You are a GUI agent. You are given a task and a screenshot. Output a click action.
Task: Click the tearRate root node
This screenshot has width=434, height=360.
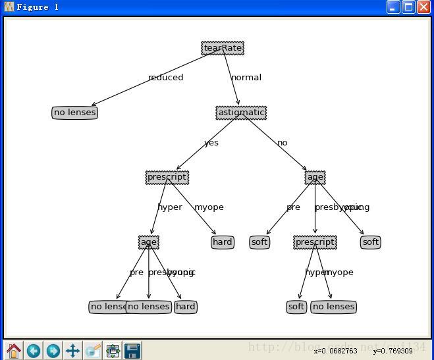[x=223, y=48]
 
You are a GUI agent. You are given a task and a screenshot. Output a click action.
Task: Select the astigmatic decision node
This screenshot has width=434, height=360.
[x=241, y=113]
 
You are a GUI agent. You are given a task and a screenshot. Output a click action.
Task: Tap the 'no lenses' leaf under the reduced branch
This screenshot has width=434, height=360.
[x=74, y=113]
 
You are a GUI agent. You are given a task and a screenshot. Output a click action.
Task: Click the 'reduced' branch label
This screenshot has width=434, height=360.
[x=165, y=78]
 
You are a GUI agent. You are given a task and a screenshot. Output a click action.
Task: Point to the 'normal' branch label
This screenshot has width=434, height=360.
[x=246, y=78]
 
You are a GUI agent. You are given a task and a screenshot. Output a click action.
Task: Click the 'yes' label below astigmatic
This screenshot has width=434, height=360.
[x=211, y=143]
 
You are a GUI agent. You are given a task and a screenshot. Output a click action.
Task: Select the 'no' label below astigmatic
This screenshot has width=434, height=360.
[x=283, y=143]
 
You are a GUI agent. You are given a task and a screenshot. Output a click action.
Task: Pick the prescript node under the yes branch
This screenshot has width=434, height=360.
[x=167, y=177]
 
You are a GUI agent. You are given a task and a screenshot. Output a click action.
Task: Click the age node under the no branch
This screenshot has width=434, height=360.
[x=315, y=177]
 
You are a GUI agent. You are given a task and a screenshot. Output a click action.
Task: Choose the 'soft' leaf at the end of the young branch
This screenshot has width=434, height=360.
[x=371, y=242]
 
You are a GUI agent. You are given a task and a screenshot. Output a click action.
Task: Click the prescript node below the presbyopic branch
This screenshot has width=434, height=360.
[x=315, y=242]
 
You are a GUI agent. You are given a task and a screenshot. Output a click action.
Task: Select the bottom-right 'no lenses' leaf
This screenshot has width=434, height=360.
[x=333, y=307]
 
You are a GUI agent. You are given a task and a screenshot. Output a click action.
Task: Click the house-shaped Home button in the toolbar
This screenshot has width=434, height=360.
[x=14, y=350]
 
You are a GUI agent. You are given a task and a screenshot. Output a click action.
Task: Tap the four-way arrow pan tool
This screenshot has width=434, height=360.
[x=72, y=350]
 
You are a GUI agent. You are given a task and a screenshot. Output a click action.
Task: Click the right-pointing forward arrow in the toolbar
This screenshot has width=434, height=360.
[x=53, y=350]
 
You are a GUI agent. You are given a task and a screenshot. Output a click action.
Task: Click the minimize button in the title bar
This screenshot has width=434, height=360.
[x=393, y=7]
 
